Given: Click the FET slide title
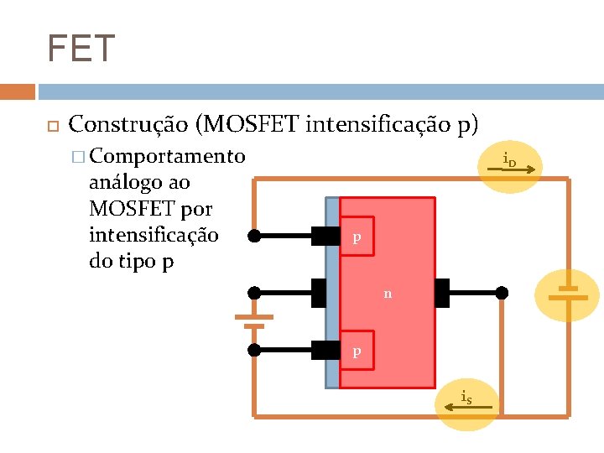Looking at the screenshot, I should [x=81, y=49].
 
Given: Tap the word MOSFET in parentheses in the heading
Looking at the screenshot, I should [x=251, y=125].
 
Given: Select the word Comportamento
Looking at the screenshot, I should [x=167, y=157].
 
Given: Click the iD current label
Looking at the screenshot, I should [x=509, y=161].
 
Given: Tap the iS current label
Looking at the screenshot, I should [x=466, y=398].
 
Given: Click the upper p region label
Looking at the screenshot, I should [x=357, y=237].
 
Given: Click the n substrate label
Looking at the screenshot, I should [x=387, y=294].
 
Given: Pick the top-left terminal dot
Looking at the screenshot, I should [x=254, y=237].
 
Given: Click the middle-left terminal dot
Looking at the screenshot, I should [x=254, y=293].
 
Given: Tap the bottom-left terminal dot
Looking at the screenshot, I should [x=254, y=349].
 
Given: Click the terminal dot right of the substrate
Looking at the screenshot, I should [x=502, y=293].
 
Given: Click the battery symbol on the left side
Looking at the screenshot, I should [x=254, y=320].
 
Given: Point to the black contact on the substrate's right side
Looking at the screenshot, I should [x=443, y=293].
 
